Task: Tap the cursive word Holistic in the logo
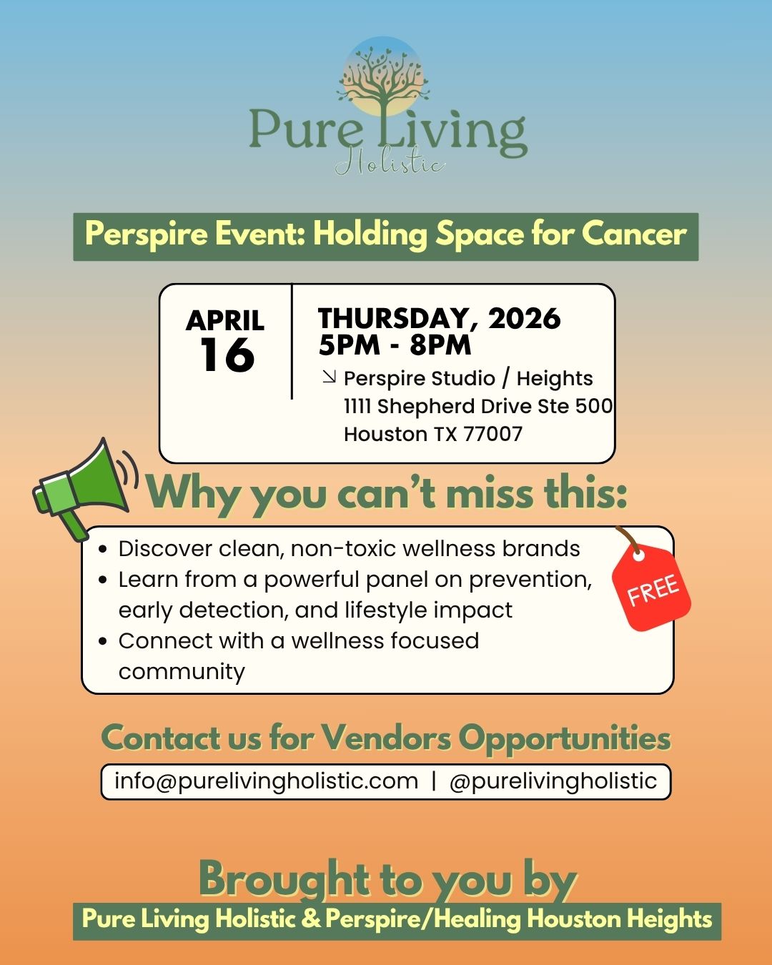(x=390, y=164)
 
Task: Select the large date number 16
(x=227, y=355)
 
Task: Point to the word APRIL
(x=225, y=320)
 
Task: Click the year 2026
(x=525, y=319)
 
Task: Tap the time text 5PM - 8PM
(x=395, y=345)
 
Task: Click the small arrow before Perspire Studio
(x=329, y=376)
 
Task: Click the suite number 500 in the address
(x=594, y=406)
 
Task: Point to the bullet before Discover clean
(x=104, y=549)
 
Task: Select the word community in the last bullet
(x=182, y=672)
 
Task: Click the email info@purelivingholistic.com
(x=266, y=781)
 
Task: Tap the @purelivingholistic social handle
(x=553, y=781)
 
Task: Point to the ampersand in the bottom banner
(x=311, y=919)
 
